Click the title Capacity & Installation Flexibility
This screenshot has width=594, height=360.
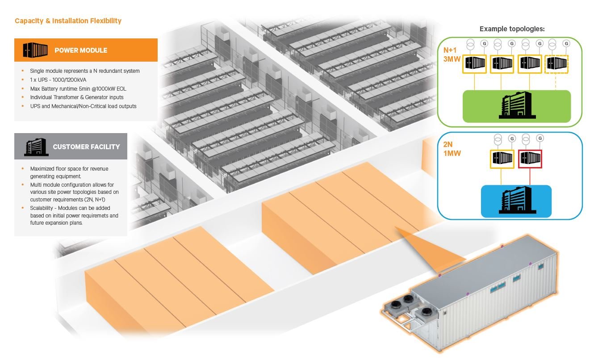(x=68, y=21)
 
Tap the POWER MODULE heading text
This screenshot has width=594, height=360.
(x=81, y=50)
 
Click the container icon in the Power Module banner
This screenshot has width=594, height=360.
(x=35, y=50)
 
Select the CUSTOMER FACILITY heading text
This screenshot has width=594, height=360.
(x=86, y=147)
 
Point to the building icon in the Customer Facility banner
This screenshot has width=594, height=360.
(x=36, y=146)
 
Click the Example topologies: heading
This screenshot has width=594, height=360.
(x=512, y=29)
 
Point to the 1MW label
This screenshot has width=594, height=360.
(x=452, y=154)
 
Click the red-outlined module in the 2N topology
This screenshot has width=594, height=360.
(x=530, y=159)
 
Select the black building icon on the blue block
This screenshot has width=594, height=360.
(x=515, y=201)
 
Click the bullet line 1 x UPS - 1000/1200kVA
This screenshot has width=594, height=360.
(x=58, y=80)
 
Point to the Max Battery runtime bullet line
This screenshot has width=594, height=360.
(x=78, y=88)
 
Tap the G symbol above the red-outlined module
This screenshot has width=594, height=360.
(x=540, y=138)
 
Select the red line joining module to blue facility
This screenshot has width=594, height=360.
(x=530, y=177)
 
